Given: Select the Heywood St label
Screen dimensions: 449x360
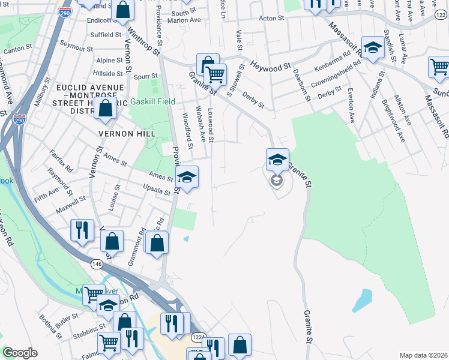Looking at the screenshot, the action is [x=270, y=65].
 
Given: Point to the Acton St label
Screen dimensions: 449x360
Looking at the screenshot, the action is [x=271, y=19].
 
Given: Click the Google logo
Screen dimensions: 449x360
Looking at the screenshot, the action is [x=20, y=352].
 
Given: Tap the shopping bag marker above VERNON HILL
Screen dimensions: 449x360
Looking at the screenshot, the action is [x=105, y=109].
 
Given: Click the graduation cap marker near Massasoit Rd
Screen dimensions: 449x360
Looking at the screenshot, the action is [x=373, y=47].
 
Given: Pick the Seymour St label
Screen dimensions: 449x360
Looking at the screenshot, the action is [x=72, y=47].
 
